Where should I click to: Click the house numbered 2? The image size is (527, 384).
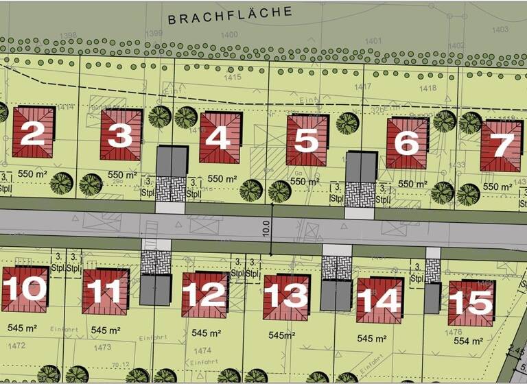33,132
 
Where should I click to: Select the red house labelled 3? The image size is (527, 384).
121,135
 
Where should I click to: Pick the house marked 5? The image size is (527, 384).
307,141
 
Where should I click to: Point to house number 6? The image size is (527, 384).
407,143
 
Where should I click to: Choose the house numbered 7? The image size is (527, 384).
501,145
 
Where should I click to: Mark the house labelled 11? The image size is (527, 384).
105,292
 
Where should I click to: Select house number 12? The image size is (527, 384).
204,294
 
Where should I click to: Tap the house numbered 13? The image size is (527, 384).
286,296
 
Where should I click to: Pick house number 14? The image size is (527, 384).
379,300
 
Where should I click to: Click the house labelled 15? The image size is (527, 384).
471,302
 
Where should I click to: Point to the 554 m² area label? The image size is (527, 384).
469,341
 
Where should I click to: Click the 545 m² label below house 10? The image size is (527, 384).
22,328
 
